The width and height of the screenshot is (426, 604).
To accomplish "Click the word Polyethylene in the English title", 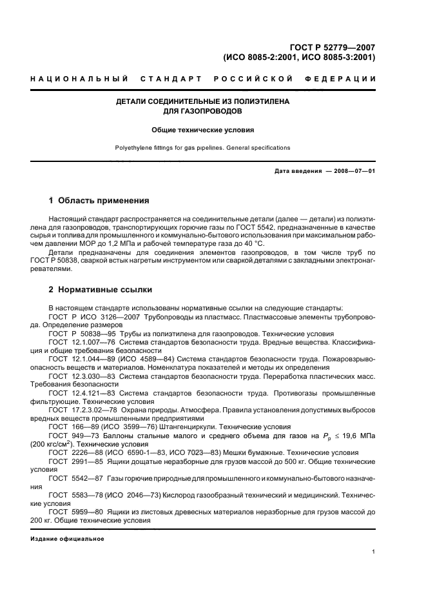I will (133, 148).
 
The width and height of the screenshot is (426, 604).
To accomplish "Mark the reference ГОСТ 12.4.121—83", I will (82, 393).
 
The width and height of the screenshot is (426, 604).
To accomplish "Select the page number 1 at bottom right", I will (373, 552).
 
